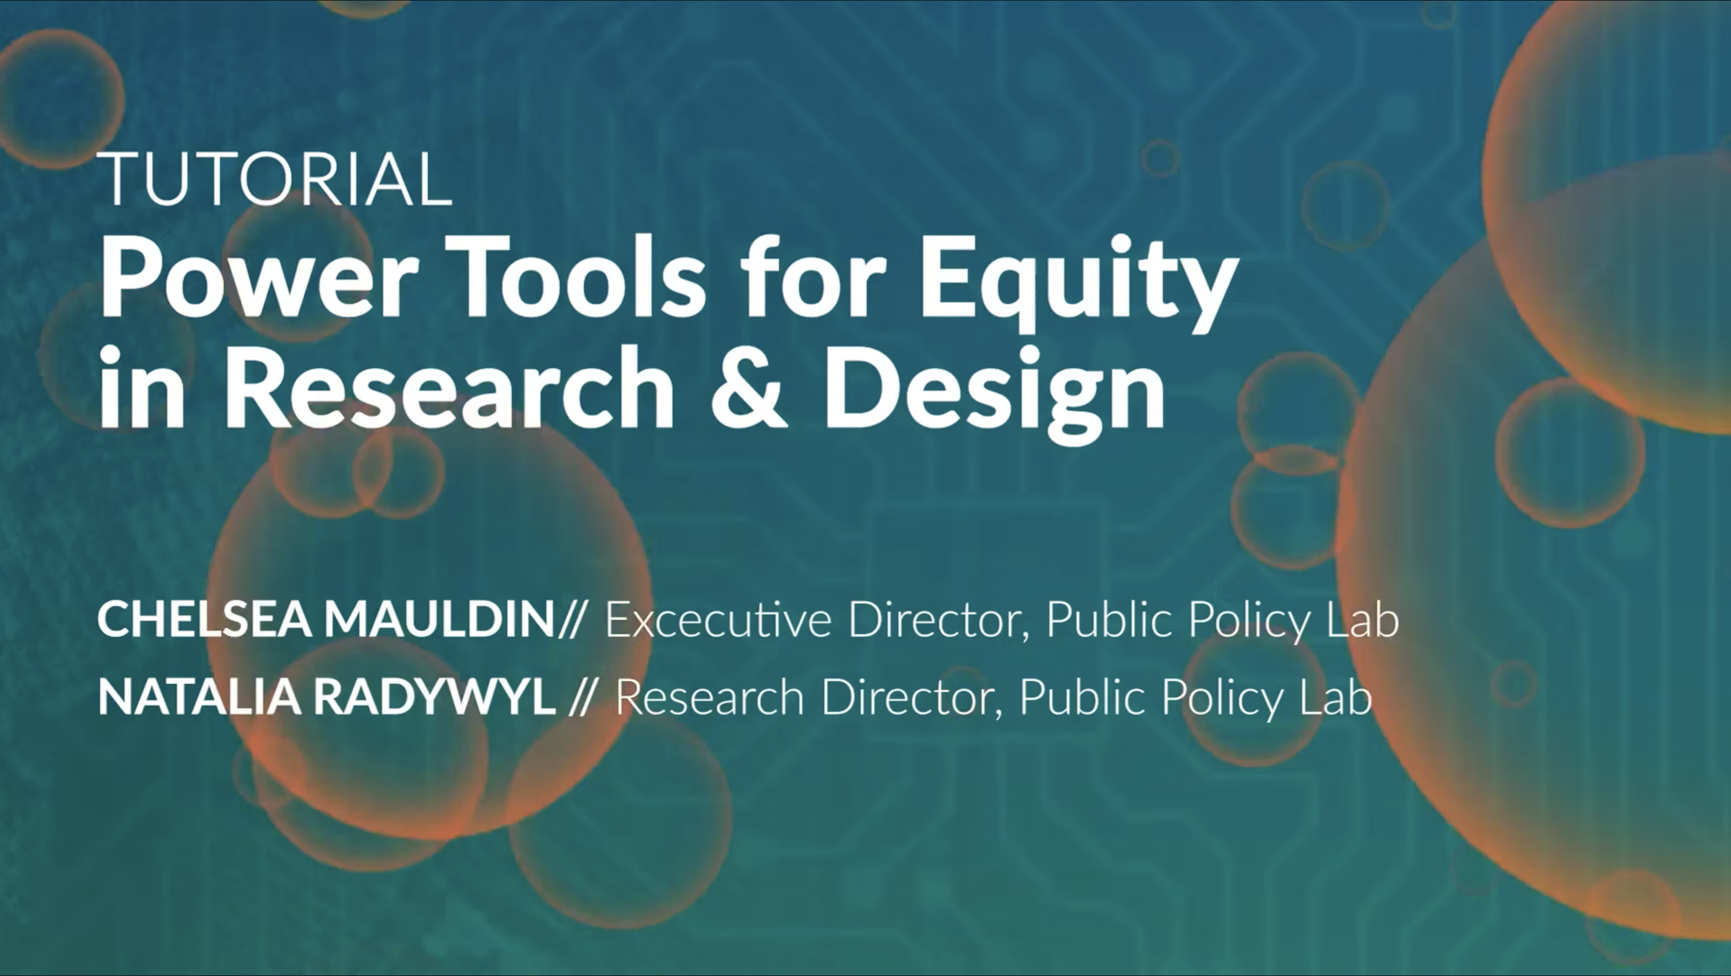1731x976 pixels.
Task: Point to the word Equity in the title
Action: coord(1079,285)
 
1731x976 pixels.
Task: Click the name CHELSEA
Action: coord(205,619)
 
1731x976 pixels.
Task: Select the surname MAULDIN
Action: coord(440,619)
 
